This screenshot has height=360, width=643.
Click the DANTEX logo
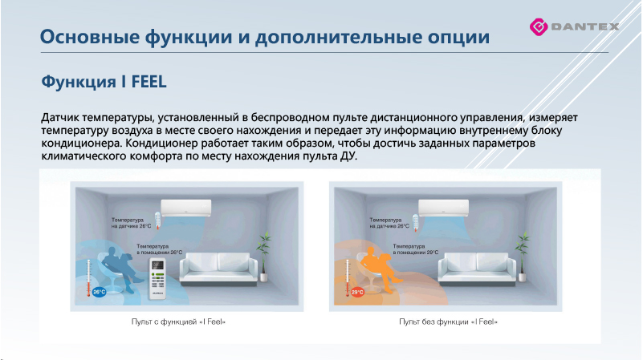[x=573, y=26]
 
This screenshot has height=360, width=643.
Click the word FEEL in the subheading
[x=145, y=83]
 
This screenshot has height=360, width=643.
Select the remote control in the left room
[x=158, y=273]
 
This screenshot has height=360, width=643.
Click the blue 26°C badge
[x=99, y=292]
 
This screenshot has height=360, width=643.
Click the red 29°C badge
[x=357, y=292]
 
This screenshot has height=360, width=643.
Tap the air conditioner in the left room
[x=186, y=208]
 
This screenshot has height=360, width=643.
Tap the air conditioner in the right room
[x=443, y=208]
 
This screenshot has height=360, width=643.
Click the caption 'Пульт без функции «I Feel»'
[x=449, y=322]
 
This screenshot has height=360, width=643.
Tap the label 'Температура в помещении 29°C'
[x=415, y=249]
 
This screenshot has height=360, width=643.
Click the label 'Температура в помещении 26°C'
[x=158, y=249]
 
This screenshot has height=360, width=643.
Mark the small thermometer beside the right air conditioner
[x=417, y=220]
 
